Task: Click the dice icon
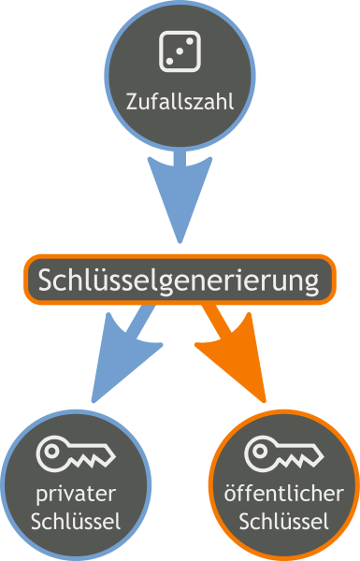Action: [x=180, y=51]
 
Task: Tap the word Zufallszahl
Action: [x=180, y=102]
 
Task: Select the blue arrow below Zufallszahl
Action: [x=180, y=196]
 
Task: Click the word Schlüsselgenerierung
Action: [x=179, y=280]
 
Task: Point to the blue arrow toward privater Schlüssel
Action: [x=126, y=354]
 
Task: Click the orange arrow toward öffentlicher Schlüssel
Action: [x=233, y=354]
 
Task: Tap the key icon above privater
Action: [x=76, y=453]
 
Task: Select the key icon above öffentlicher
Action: [x=284, y=453]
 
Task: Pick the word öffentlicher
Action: [x=284, y=494]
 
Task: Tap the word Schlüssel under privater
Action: [x=76, y=522]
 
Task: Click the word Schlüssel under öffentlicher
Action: [x=283, y=522]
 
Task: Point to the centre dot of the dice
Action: [x=180, y=51]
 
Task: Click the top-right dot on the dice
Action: [x=190, y=41]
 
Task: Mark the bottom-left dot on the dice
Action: [x=169, y=62]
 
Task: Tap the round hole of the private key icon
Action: [x=52, y=452]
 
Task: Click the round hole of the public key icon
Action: [x=261, y=452]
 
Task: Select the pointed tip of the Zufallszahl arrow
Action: [x=180, y=243]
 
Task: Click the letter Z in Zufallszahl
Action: [x=132, y=102]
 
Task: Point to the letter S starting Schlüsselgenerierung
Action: [x=45, y=280]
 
